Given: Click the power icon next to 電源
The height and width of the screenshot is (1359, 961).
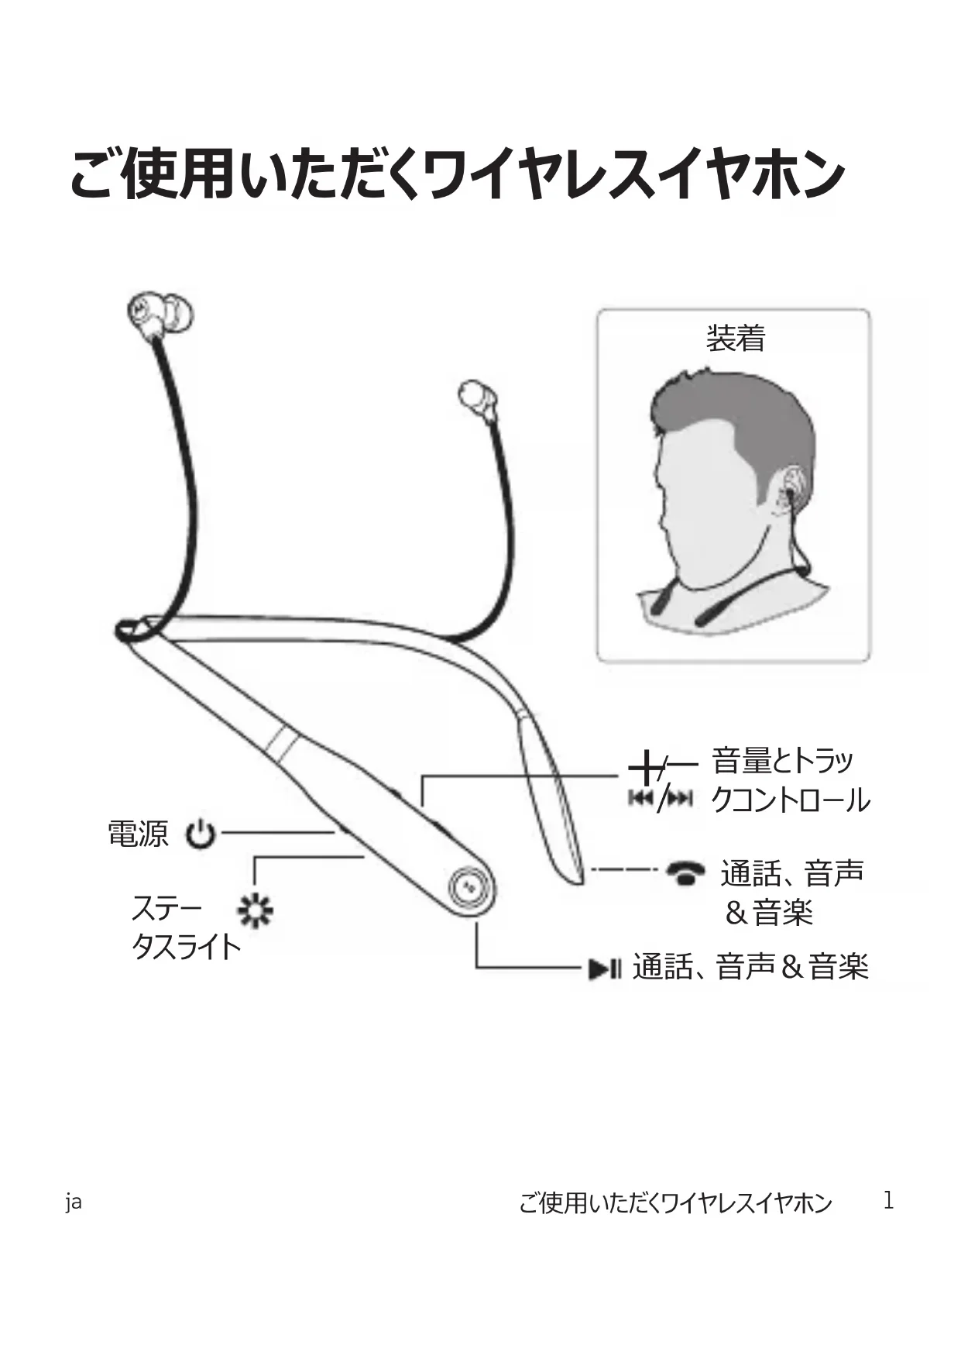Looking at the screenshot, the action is [201, 834].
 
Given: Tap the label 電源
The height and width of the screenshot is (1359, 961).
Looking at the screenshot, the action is [137, 834].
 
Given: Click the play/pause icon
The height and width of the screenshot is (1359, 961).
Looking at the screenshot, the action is [604, 969].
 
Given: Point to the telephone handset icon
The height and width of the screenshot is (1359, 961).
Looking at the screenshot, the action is [685, 872].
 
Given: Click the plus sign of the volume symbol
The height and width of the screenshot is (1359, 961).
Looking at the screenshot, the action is [643, 769].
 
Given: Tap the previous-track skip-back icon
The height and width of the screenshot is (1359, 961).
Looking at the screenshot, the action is [640, 798].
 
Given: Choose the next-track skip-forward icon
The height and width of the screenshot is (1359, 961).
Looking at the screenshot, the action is [680, 798].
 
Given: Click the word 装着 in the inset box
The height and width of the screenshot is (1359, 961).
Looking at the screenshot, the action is [735, 339].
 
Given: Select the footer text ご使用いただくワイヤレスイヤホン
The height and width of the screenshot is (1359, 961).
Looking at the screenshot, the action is [674, 1202].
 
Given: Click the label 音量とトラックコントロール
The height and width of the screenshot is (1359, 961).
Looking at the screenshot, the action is [789, 780].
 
